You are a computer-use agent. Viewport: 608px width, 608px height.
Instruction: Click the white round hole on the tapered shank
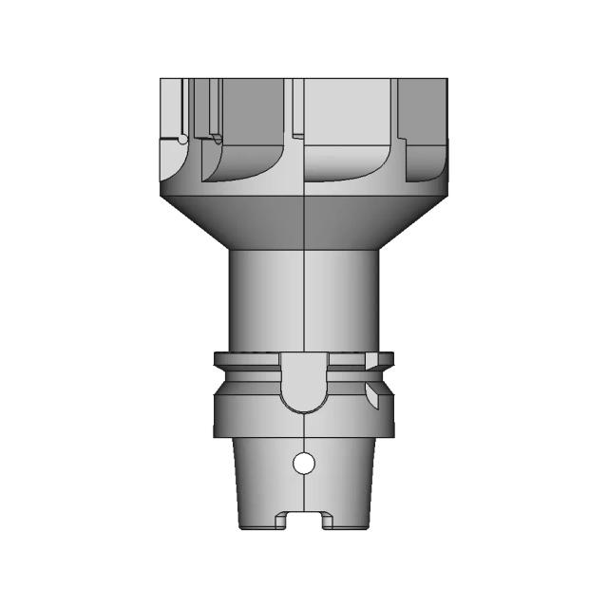[303, 464]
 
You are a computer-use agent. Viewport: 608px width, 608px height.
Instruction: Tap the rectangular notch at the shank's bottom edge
[303, 522]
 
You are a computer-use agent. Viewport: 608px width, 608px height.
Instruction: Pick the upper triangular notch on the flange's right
[379, 361]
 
